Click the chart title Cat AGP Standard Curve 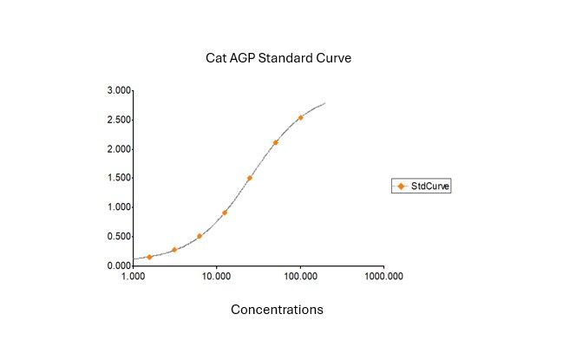pyautogui.click(x=278, y=58)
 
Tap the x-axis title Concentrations pyautogui.click(x=277, y=310)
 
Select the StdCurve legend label pyautogui.click(x=430, y=186)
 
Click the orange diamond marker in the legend pyautogui.click(x=401, y=186)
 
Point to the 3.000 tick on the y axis pyautogui.click(x=119, y=90)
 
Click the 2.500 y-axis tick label pyautogui.click(x=119, y=120)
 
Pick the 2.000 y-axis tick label pyautogui.click(x=119, y=149)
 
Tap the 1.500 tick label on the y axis pyautogui.click(x=119, y=178)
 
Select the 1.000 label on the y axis pyautogui.click(x=119, y=207)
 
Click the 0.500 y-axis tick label pyautogui.click(x=119, y=236)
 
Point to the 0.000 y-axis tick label pyautogui.click(x=119, y=265)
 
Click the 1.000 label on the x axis pyautogui.click(x=133, y=277)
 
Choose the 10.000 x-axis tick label pyautogui.click(x=216, y=277)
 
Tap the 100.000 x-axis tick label pyautogui.click(x=299, y=277)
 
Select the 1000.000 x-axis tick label pyautogui.click(x=383, y=277)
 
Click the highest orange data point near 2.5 pyautogui.click(x=300, y=118)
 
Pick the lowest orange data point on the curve pyautogui.click(x=149, y=257)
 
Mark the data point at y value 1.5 pyautogui.click(x=250, y=178)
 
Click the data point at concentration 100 pyautogui.click(x=300, y=118)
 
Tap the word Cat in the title pyautogui.click(x=214, y=58)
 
